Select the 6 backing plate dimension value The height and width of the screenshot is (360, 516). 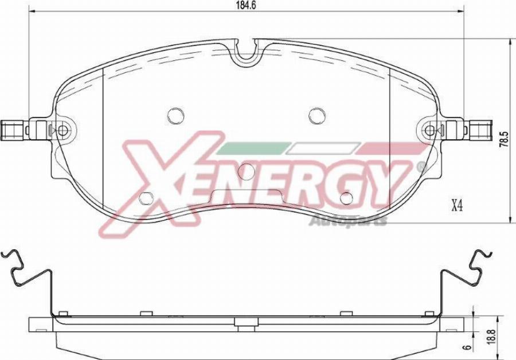(x=468, y=346)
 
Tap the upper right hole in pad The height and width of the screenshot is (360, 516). (x=317, y=116)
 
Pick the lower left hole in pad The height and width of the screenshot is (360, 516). (x=147, y=198)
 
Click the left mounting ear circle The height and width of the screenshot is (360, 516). (x=62, y=131)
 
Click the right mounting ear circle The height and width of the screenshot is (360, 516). (x=429, y=131)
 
